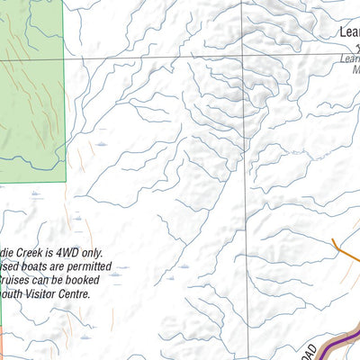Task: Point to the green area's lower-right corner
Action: (66, 182)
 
